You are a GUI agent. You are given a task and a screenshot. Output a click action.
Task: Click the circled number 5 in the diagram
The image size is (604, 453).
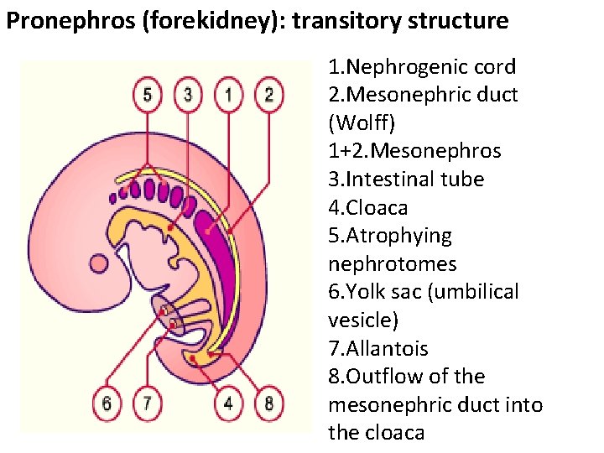pos(148,94)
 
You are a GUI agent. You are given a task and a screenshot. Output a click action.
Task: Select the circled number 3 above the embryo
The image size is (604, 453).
pos(188,94)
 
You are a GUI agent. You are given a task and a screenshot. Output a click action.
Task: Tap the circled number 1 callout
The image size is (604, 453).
pos(228,94)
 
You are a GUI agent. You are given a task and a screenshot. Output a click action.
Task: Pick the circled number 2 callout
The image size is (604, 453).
pos(268,94)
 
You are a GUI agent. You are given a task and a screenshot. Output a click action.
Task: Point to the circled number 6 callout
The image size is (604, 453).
pos(107,404)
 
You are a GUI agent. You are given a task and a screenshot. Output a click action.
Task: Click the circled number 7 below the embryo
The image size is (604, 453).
pos(147,404)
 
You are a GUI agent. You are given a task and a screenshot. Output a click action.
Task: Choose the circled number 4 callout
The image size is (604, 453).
pos(228,404)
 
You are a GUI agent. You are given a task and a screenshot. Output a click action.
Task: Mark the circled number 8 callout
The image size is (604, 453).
pos(268,404)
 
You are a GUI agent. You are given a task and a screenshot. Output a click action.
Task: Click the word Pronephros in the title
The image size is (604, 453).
pos(60,21)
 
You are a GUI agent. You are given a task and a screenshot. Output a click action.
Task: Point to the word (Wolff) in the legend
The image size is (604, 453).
pos(362,122)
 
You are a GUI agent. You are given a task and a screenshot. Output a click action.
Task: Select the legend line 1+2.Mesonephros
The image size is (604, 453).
pos(414,151)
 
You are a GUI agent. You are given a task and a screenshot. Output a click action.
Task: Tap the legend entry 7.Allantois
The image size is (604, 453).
pos(377,348)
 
